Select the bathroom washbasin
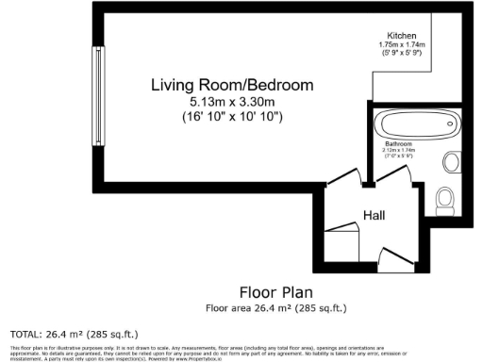click(x=450, y=159)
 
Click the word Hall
click(x=375, y=216)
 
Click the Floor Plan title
click(x=275, y=291)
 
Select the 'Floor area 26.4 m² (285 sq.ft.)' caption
click(x=275, y=307)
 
